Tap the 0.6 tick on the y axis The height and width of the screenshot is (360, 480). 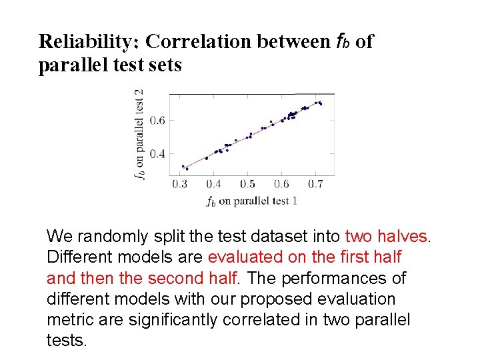pos(157,121)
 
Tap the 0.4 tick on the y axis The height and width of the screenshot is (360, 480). pos(157,154)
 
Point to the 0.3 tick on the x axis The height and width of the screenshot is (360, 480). pos(179,184)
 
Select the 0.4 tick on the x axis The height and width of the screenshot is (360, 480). pos(213,184)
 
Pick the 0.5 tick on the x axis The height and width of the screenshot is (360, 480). pos(247,184)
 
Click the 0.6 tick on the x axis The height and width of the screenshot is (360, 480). pos(281,184)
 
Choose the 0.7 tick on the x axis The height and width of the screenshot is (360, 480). pos(315,184)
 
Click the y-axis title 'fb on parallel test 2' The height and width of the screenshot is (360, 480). pos(139,135)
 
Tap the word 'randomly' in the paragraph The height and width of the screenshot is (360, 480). pos(108,237)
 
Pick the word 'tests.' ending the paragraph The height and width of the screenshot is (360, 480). pos(67,341)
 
